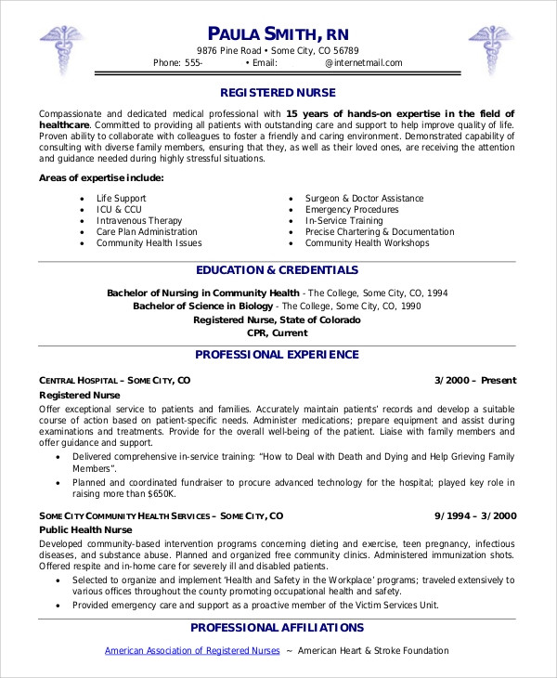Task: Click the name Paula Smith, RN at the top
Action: (278, 33)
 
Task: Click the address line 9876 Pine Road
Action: (278, 51)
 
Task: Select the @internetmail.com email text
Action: (363, 63)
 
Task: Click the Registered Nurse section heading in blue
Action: (278, 93)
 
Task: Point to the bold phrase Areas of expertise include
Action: (102, 177)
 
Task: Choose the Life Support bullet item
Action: (122, 199)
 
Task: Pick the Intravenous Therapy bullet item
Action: (140, 221)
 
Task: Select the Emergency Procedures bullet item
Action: (352, 210)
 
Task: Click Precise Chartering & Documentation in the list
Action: (380, 232)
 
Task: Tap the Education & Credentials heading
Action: (278, 270)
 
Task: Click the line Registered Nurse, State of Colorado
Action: (278, 319)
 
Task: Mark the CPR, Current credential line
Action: (278, 332)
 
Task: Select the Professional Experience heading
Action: (278, 354)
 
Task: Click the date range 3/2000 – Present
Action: (475, 380)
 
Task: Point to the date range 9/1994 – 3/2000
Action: (475, 515)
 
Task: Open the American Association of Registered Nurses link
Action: (192, 651)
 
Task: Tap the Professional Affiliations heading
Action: (278, 628)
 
